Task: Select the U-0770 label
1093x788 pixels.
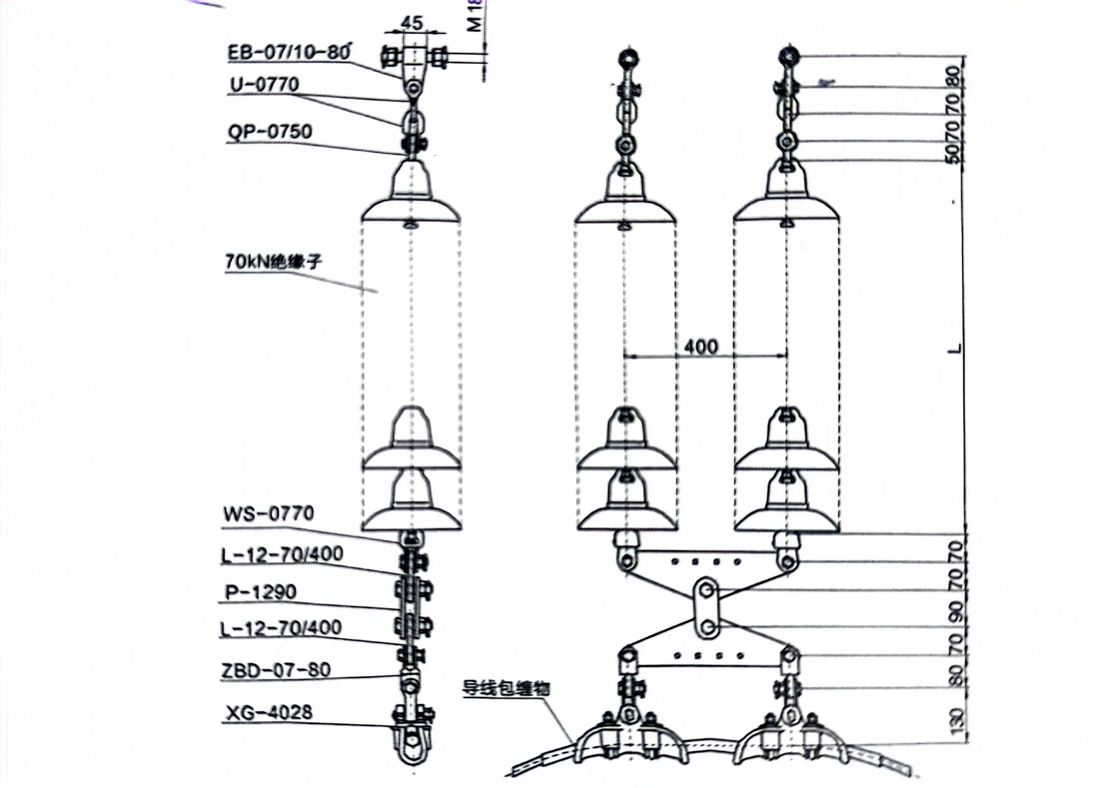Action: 264,85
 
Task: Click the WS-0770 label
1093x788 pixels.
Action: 269,513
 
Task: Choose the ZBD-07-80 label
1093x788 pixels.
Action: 276,670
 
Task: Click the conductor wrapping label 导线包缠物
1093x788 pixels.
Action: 505,688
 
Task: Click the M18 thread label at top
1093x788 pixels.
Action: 476,17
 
